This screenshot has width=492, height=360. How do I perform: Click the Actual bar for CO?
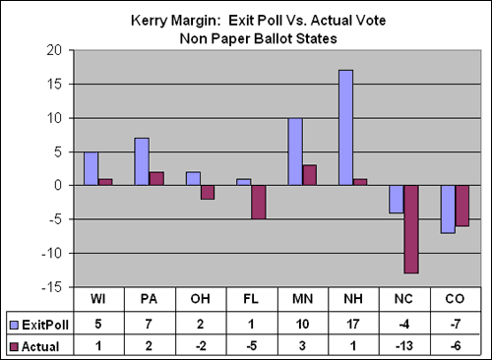[462, 206]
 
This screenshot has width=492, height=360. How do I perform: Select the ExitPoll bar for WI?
[91, 168]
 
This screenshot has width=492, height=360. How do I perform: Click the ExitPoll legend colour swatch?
[13, 323]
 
